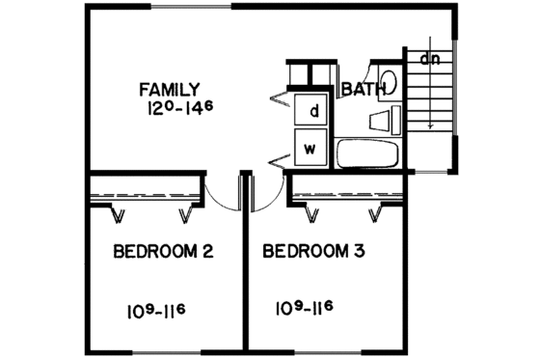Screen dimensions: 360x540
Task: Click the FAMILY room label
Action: (169, 90)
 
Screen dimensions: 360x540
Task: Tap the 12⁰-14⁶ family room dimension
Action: (170, 109)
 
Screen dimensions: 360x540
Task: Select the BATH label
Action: (364, 90)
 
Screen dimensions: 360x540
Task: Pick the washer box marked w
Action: (311, 149)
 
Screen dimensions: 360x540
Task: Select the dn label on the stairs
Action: (430, 58)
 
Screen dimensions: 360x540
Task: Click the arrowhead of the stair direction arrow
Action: (431, 125)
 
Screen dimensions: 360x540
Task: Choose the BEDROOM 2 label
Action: (163, 252)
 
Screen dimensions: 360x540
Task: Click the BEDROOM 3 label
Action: (312, 252)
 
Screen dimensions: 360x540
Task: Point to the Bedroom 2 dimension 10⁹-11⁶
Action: (155, 310)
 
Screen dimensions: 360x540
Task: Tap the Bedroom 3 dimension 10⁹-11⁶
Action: (304, 309)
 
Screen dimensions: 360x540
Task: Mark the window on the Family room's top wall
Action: (197, 8)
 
